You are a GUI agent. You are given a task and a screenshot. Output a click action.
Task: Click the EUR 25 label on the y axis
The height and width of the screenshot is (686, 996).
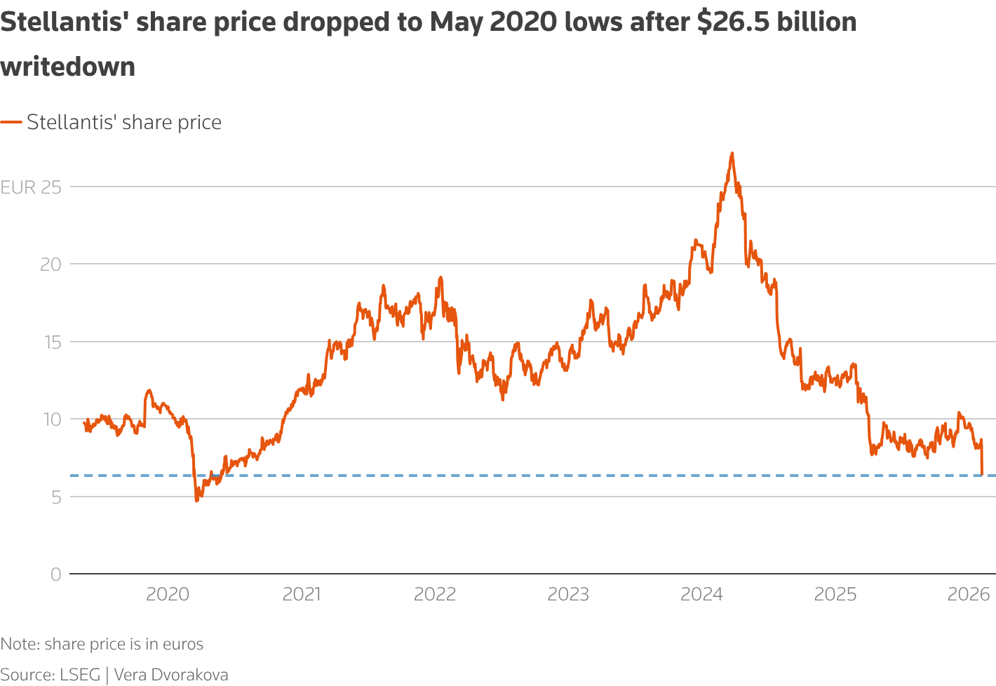pyautogui.click(x=31, y=187)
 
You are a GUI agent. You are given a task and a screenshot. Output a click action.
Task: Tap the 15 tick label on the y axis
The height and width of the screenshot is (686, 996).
pyautogui.click(x=51, y=342)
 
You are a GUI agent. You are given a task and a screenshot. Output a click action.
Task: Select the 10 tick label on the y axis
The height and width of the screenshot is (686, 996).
pyautogui.click(x=51, y=419)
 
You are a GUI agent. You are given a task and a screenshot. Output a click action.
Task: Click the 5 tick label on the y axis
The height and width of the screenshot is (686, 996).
pyautogui.click(x=56, y=497)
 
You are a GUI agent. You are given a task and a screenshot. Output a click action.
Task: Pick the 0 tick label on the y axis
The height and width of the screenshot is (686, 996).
pyautogui.click(x=56, y=574)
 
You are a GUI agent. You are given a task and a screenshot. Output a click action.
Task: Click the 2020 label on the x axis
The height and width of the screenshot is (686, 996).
pyautogui.click(x=168, y=595)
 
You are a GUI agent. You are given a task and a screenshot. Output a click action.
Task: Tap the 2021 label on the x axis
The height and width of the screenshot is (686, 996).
pyautogui.click(x=301, y=595)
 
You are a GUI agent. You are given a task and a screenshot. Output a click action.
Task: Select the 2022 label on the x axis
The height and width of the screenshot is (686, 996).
pyautogui.click(x=435, y=595)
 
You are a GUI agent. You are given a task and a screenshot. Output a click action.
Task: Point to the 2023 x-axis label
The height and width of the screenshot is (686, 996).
pyautogui.click(x=568, y=595)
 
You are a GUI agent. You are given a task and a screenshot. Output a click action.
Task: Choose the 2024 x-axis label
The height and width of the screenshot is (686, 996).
pyautogui.click(x=701, y=595)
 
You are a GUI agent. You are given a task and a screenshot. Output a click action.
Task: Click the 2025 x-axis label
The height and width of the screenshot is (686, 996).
pyautogui.click(x=835, y=595)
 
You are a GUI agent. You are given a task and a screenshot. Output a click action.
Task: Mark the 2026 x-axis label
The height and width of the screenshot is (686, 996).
pyautogui.click(x=969, y=595)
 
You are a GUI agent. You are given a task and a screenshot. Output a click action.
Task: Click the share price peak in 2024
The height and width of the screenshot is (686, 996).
pyautogui.click(x=732, y=153)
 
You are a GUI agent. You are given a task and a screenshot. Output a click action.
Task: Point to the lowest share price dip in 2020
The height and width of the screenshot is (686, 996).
pyautogui.click(x=196, y=500)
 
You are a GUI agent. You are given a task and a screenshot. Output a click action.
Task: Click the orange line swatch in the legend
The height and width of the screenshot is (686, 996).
pyautogui.click(x=11, y=122)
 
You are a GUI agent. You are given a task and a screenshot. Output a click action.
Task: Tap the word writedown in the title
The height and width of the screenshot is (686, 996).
pyautogui.click(x=68, y=67)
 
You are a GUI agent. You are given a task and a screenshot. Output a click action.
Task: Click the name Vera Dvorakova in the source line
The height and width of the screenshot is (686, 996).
pyautogui.click(x=171, y=675)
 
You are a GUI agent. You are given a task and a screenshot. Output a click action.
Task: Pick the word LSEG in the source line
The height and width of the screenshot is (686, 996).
pyautogui.click(x=80, y=675)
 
